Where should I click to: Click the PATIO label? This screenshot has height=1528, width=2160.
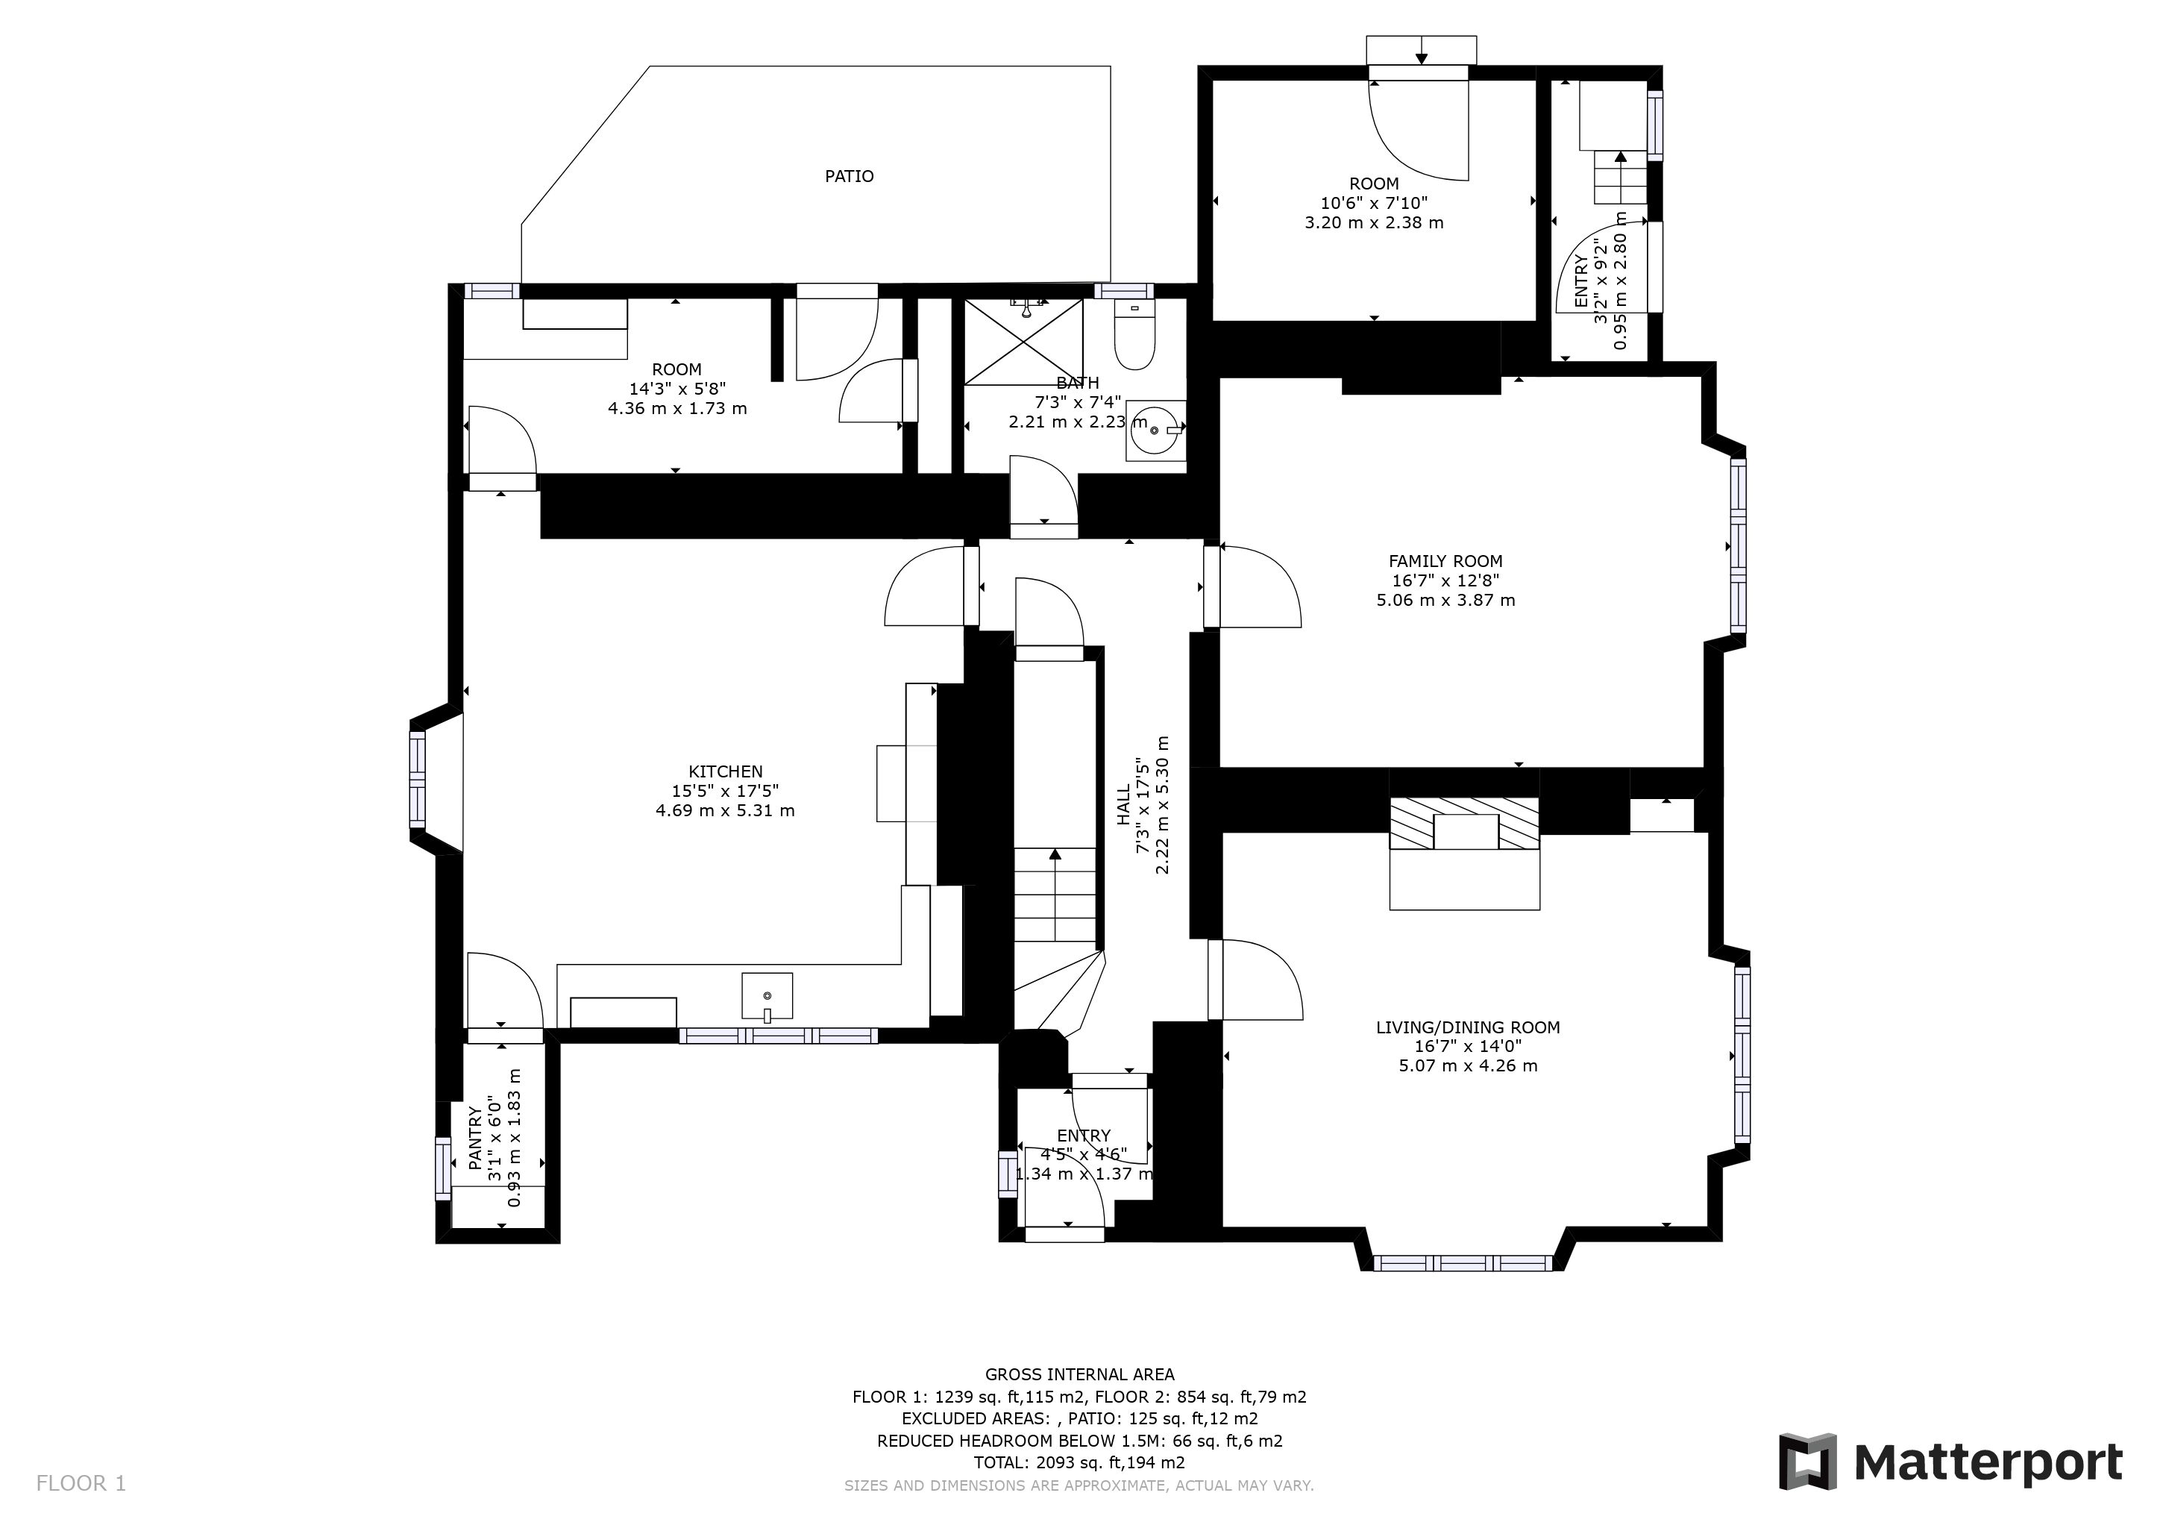click(849, 176)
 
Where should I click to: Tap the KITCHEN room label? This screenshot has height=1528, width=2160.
click(724, 771)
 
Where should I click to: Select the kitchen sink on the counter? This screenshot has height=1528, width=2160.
click(767, 995)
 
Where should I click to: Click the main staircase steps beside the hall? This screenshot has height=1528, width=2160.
click(1055, 895)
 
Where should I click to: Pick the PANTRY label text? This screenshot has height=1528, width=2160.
click(475, 1138)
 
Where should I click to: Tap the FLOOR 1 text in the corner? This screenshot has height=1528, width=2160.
click(81, 1484)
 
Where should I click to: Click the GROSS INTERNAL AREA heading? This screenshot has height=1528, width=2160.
click(1079, 1374)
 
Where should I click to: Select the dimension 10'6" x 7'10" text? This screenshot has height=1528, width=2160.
click(1374, 203)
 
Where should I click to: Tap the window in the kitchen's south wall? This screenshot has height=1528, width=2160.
click(778, 1036)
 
